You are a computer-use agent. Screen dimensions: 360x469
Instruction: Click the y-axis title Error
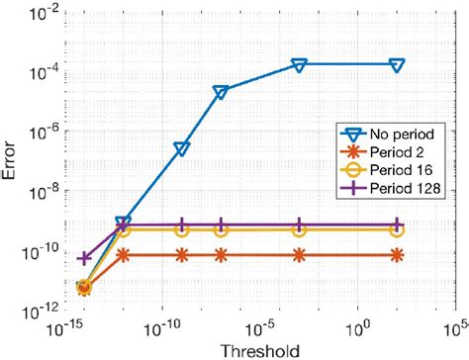[11, 161]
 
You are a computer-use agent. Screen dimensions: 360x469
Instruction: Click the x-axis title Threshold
[260, 349]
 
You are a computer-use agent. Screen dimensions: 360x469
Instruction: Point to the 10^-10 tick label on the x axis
[164, 324]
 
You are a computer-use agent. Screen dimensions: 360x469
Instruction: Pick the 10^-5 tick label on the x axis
[262, 324]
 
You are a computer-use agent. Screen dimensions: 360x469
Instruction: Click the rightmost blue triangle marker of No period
[397, 65]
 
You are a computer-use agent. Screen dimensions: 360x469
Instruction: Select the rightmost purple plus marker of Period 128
[397, 225]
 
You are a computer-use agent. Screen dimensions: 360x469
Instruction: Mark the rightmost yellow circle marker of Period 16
[397, 229]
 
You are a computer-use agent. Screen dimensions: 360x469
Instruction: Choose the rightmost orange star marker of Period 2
[397, 255]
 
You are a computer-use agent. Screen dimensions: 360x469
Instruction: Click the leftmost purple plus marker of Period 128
[83, 258]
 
